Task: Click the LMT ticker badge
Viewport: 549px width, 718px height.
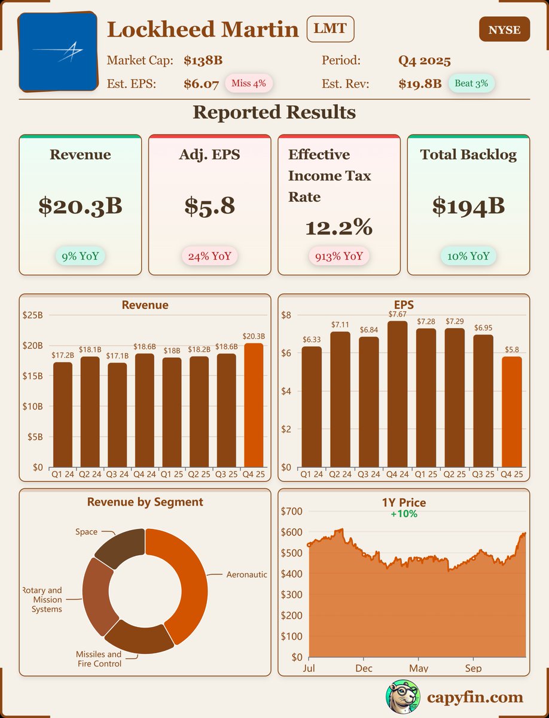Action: pyautogui.click(x=330, y=29)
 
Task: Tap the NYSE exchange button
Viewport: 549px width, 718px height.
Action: pyautogui.click(x=504, y=29)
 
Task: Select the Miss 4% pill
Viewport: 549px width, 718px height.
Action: pyautogui.click(x=249, y=83)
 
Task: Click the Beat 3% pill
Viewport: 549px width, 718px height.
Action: pyautogui.click(x=471, y=83)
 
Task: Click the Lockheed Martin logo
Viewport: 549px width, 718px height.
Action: pyautogui.click(x=58, y=51)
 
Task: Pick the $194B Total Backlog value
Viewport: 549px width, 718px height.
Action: pyautogui.click(x=468, y=206)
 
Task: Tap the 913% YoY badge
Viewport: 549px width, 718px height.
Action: pyautogui.click(x=339, y=256)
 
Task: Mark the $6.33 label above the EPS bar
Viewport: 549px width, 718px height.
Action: pyautogui.click(x=312, y=340)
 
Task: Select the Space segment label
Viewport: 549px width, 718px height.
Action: pyautogui.click(x=86, y=531)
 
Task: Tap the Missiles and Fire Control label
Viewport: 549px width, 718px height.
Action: pyautogui.click(x=99, y=659)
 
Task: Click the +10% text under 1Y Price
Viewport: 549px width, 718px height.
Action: pyautogui.click(x=404, y=513)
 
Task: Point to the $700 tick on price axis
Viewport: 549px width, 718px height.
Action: pyautogui.click(x=292, y=511)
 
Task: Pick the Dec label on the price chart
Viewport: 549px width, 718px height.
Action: pyautogui.click(x=363, y=668)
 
